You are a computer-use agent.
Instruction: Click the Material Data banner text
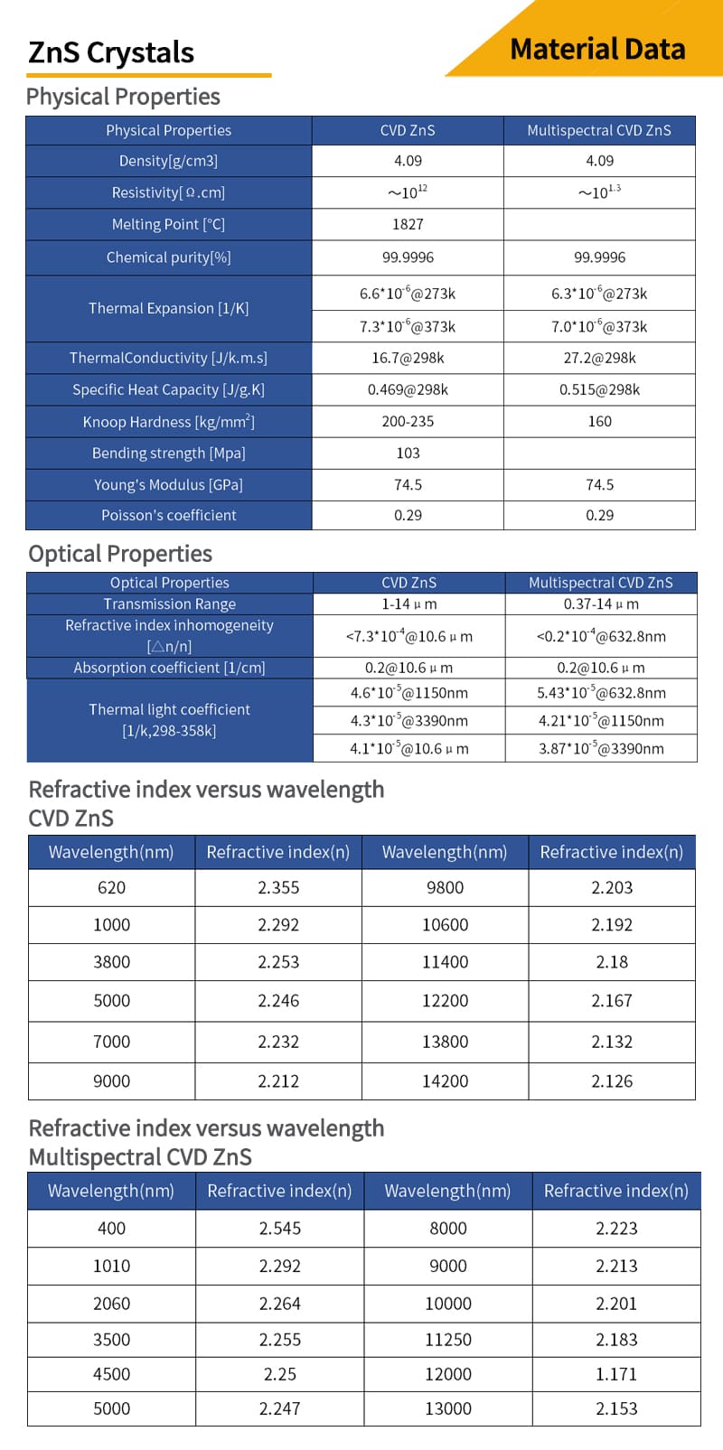click(x=597, y=49)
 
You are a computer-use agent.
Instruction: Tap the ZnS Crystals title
click(x=111, y=52)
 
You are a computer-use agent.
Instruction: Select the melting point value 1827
click(x=408, y=224)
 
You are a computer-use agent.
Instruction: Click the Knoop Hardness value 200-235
click(x=408, y=421)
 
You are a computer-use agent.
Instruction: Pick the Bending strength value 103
click(x=408, y=453)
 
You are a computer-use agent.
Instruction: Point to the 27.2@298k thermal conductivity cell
click(x=599, y=358)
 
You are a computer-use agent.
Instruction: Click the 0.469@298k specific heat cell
click(x=408, y=389)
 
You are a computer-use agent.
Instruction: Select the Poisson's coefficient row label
click(x=169, y=515)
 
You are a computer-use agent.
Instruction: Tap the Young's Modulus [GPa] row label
click(x=169, y=484)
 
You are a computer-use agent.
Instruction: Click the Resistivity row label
click(x=169, y=192)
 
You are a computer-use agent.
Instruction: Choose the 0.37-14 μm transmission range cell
click(x=601, y=603)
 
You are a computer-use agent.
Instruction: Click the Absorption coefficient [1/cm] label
click(x=170, y=668)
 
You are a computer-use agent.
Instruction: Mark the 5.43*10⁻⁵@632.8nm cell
click(x=601, y=693)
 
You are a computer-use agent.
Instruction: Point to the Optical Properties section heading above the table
click(x=120, y=554)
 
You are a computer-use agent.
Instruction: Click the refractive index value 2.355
click(x=278, y=887)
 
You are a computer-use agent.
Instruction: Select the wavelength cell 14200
click(x=446, y=1080)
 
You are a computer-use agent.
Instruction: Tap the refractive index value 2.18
click(x=612, y=962)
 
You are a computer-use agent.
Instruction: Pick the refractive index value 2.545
click(x=280, y=1228)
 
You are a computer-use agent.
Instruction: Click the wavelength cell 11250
click(x=448, y=1339)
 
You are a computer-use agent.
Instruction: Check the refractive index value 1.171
click(x=616, y=1373)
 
